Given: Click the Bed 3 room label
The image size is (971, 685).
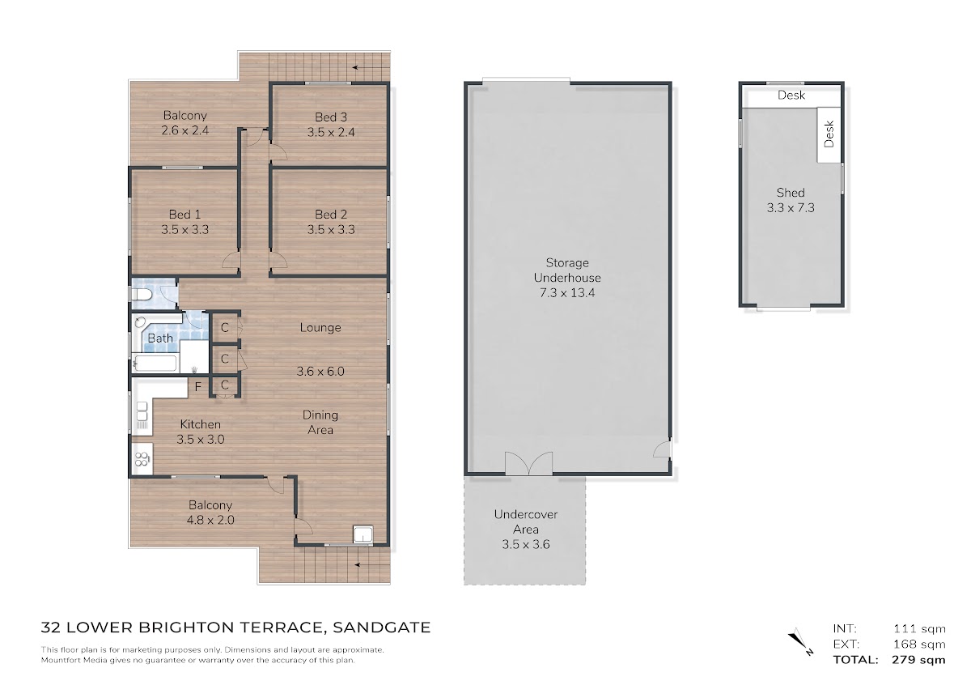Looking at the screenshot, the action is pyautogui.click(x=331, y=117).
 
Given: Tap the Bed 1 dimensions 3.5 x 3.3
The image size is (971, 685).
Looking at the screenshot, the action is pyautogui.click(x=184, y=229).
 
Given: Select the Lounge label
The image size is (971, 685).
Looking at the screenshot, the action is pyautogui.click(x=320, y=328).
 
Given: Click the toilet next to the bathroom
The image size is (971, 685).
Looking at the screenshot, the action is pyautogui.click(x=142, y=295).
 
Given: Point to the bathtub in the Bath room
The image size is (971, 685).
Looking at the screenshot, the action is pyautogui.click(x=155, y=364).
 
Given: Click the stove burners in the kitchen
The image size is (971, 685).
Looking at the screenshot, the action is pyautogui.click(x=142, y=458).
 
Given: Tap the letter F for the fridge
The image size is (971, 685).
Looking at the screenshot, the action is pyautogui.click(x=198, y=387).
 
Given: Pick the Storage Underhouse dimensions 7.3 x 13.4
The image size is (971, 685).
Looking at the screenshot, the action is pyautogui.click(x=567, y=293).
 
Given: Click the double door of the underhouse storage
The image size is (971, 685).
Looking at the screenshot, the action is pyautogui.click(x=529, y=463).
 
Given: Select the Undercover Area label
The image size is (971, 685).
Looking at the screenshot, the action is pyautogui.click(x=526, y=522).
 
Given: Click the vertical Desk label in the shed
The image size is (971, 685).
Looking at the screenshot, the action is pyautogui.click(x=829, y=134).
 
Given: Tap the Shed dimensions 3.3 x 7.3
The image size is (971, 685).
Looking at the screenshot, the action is pyautogui.click(x=791, y=208).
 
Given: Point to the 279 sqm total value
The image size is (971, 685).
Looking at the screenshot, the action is pyautogui.click(x=919, y=660).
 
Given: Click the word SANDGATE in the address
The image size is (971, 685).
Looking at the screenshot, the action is pyautogui.click(x=381, y=628).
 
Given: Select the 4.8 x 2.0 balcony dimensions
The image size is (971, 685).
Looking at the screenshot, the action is pyautogui.click(x=210, y=520).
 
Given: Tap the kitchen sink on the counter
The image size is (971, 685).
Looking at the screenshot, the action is pyautogui.click(x=142, y=411).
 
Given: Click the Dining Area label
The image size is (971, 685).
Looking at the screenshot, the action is pyautogui.click(x=320, y=423).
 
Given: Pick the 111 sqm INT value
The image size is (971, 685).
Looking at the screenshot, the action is pyautogui.click(x=919, y=628).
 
